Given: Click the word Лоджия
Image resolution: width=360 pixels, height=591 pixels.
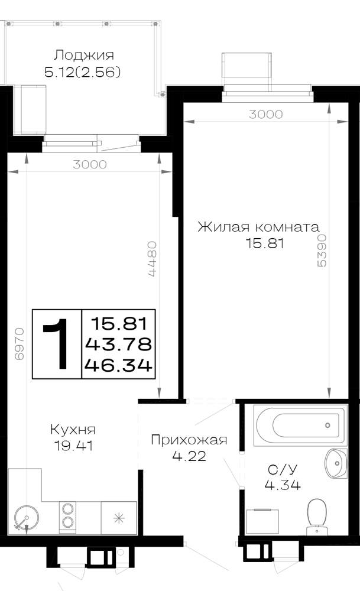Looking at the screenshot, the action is click(84, 56).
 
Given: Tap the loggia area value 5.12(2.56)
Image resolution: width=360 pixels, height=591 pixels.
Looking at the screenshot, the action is click(83, 72).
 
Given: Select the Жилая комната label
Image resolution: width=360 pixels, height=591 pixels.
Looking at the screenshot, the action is click(258, 228).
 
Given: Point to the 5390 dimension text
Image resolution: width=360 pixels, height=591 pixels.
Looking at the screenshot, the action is click(322, 250).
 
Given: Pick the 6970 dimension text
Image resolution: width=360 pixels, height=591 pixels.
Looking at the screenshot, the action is click(20, 344).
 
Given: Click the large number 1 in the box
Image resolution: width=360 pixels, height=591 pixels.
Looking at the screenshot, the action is click(57, 344).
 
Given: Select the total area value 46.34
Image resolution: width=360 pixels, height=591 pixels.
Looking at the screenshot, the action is click(118, 365).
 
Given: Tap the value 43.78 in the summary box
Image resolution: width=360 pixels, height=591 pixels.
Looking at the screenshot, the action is click(118, 344).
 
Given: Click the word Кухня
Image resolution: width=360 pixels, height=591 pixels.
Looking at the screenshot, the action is click(73, 430).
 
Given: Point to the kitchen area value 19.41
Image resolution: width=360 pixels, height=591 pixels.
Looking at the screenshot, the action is click(73, 446).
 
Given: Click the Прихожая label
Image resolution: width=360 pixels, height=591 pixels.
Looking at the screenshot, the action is click(189, 440).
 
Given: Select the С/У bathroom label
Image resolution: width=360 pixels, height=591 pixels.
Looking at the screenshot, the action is click(283, 469).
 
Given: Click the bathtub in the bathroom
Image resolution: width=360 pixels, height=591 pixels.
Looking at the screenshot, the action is click(300, 426).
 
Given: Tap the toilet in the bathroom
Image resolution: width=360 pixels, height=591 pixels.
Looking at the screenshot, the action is click(317, 517).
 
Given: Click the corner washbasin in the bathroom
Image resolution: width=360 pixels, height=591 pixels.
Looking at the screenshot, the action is click(336, 463).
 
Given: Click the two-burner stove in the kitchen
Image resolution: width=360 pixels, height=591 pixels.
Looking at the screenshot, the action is click(67, 515).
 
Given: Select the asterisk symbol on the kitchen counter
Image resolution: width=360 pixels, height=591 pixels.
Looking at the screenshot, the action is click(119, 519).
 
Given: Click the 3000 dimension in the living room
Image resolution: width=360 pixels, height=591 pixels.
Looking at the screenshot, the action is click(266, 114).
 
